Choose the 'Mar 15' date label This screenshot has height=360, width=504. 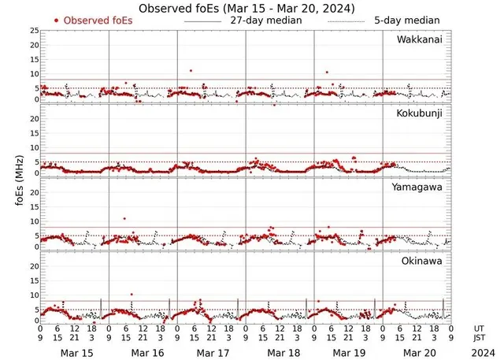point(77,352)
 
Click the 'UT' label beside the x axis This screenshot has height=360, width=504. point(479,328)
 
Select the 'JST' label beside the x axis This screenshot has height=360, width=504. point(480,338)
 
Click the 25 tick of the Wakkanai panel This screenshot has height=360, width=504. point(34,31)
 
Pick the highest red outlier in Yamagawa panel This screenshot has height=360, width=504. point(124,218)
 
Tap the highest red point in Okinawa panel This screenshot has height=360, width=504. point(132,294)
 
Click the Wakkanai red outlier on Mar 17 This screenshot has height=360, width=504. point(191,71)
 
